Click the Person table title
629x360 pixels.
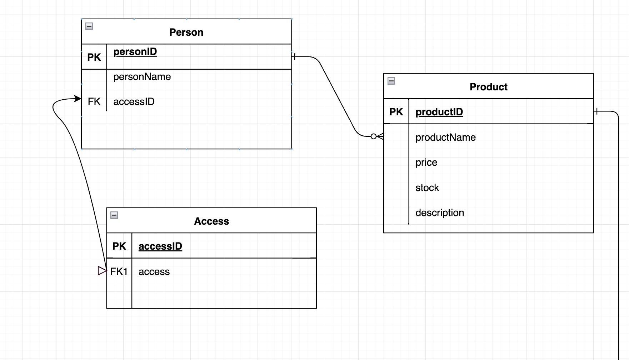point(186,32)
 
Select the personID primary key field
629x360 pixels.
point(135,52)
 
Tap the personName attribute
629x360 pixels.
point(142,77)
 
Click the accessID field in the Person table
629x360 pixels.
point(134,102)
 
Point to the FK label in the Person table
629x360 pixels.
point(94,102)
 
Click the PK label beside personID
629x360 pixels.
point(94,57)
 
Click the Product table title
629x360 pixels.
point(488,87)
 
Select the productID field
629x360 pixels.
point(439,112)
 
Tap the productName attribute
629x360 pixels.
point(445,137)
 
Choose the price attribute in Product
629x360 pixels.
point(426,162)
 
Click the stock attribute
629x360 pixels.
point(427,188)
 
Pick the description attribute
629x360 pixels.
point(439,213)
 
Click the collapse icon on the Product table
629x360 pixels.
point(391,81)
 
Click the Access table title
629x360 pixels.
point(211,221)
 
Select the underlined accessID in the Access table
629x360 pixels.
point(160,246)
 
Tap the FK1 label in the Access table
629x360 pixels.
point(119,272)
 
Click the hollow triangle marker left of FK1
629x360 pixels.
point(102,271)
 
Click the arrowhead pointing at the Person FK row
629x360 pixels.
point(77,99)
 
